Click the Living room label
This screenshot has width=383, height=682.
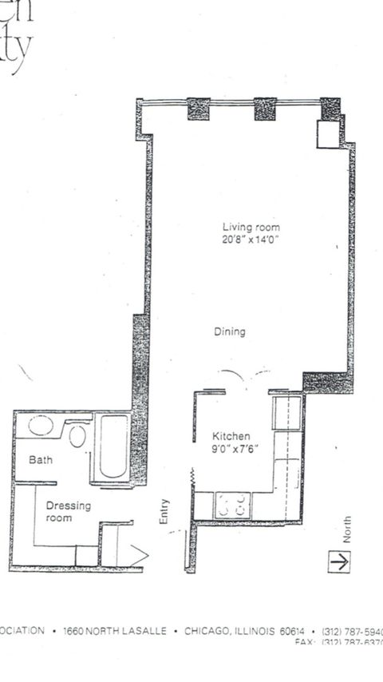point(251,228)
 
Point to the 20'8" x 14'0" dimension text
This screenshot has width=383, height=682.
point(251,239)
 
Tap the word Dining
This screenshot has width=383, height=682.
point(230,331)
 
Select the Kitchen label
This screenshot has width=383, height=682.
point(231,437)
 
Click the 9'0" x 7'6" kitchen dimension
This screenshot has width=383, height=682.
point(232,449)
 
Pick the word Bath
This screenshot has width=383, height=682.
point(41,460)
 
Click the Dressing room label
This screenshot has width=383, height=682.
point(68,512)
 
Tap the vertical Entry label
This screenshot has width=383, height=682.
point(164,512)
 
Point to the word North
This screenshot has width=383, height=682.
point(347,529)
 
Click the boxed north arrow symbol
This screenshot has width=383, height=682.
point(341,561)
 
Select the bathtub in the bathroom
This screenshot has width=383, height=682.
point(113,447)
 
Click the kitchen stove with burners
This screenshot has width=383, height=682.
point(233,505)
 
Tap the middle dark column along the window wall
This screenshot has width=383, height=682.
point(265,109)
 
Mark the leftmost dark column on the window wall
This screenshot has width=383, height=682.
point(198,109)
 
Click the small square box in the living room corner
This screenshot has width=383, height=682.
point(328,134)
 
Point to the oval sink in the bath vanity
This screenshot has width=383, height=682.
point(41,425)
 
